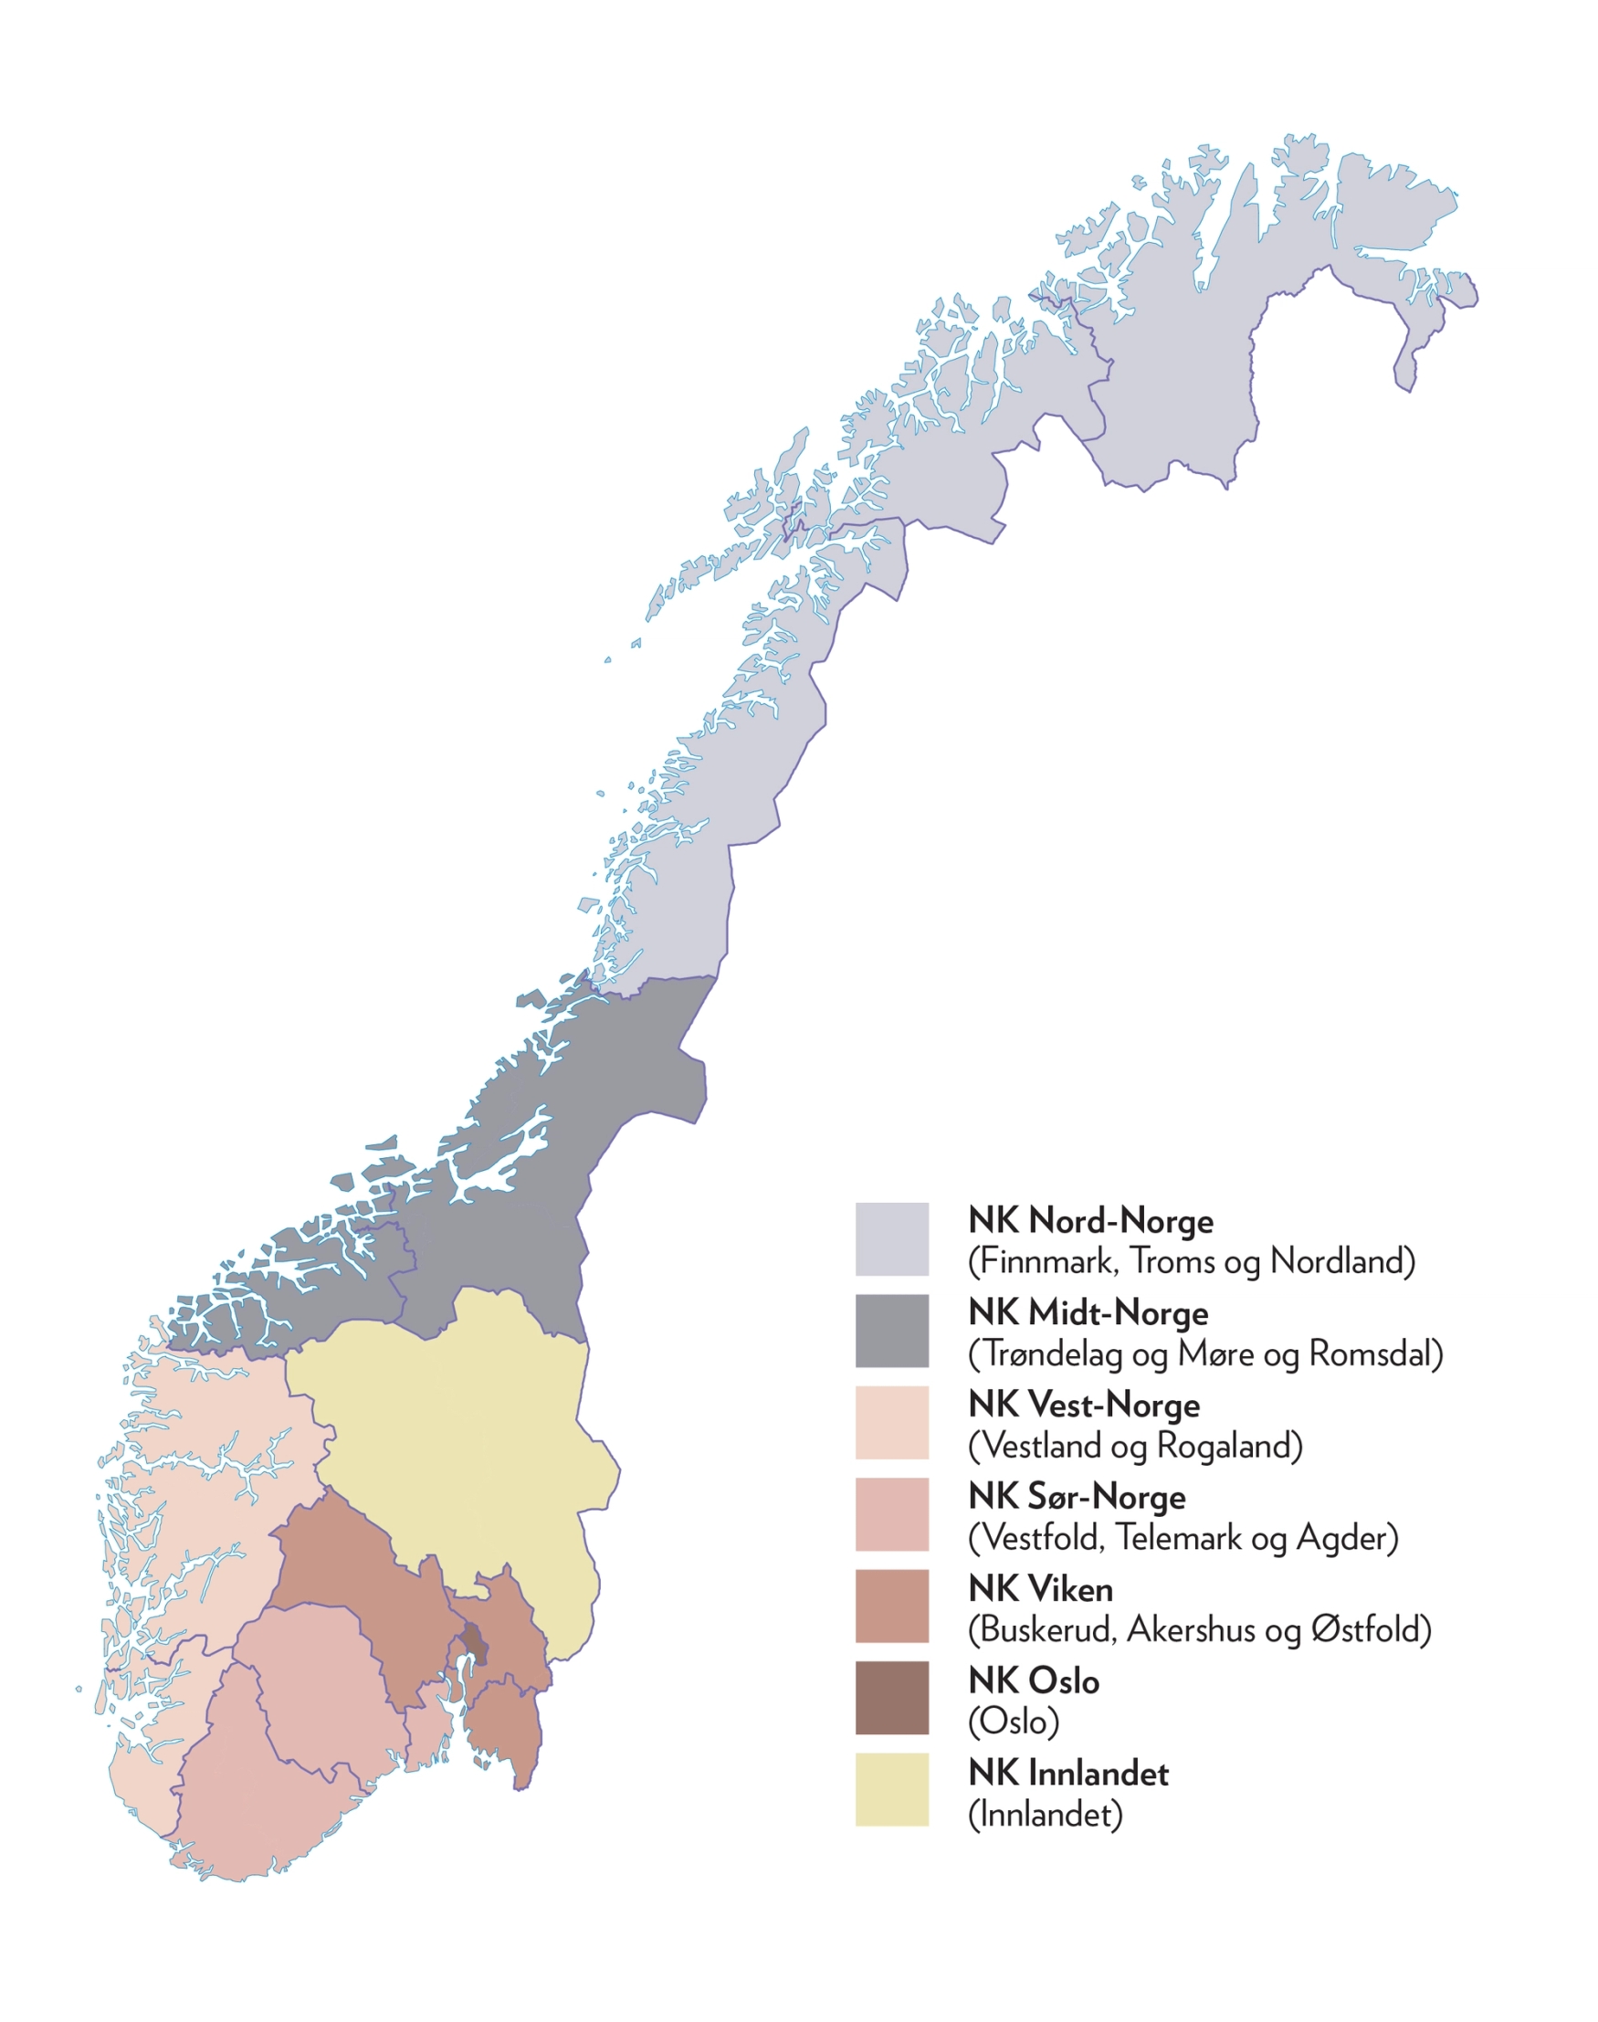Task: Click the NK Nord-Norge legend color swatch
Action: pyautogui.click(x=891, y=1238)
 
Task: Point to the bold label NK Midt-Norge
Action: pyautogui.click(x=1088, y=1312)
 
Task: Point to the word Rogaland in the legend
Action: pyautogui.click(x=1228, y=1446)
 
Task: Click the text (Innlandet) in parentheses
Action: pyautogui.click(x=1044, y=1815)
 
